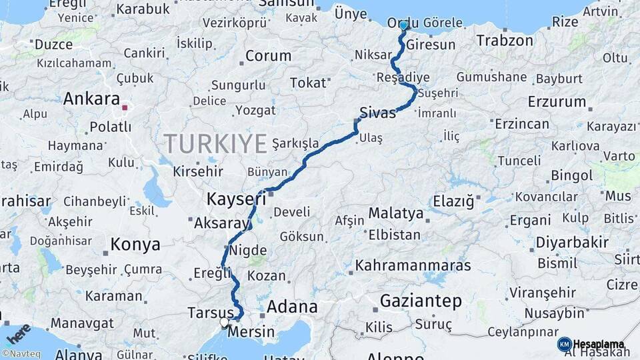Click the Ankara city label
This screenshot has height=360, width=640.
click(x=91, y=99)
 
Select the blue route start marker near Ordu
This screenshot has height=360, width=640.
click(x=403, y=25)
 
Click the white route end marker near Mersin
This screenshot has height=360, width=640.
click(x=225, y=323)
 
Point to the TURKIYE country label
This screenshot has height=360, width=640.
click(x=215, y=144)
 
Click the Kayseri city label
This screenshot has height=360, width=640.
click(x=236, y=199)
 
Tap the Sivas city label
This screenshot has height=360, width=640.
click(x=377, y=111)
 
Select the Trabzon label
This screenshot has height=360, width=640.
click(x=505, y=40)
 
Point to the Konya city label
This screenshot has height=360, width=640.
click(x=135, y=244)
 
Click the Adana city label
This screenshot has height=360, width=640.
click(x=292, y=307)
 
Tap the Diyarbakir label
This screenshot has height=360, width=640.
click(x=572, y=242)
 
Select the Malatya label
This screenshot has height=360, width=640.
click(x=396, y=213)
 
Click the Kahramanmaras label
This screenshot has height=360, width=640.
click(x=413, y=265)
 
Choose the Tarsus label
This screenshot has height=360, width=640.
click(x=210, y=313)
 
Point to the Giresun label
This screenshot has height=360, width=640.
click(x=431, y=45)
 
